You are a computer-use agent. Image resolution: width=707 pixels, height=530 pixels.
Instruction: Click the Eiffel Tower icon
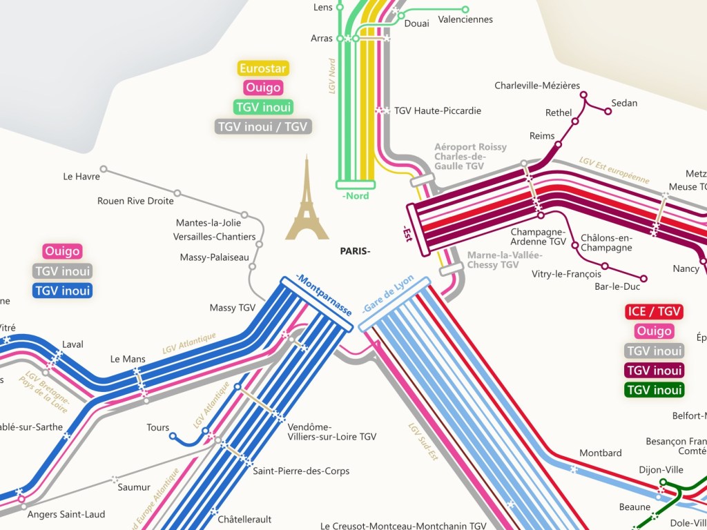click(307, 200)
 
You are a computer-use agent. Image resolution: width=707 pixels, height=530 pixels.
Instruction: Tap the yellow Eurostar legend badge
click(262, 68)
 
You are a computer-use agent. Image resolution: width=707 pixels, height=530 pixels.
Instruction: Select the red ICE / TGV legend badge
click(654, 312)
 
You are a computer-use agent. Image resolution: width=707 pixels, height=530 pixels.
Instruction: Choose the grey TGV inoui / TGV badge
click(263, 127)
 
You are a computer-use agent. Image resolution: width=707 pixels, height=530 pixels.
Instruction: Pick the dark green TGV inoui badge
click(654, 390)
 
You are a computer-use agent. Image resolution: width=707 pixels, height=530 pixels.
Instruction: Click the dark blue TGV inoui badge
click(62, 291)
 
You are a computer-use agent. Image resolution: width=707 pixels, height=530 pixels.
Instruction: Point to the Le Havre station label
click(81, 177)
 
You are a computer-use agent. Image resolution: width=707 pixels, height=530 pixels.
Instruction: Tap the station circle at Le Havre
click(104, 169)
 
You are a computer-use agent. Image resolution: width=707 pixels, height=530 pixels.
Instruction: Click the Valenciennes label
click(465, 19)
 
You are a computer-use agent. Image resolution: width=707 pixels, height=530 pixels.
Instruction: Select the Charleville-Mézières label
click(537, 86)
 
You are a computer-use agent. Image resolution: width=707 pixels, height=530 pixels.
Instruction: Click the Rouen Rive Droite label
click(135, 202)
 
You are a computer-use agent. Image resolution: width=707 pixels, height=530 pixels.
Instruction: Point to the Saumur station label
click(134, 487)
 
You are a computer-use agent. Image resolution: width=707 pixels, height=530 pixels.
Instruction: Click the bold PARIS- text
click(355, 251)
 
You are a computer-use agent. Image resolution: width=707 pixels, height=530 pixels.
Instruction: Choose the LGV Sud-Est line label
click(423, 442)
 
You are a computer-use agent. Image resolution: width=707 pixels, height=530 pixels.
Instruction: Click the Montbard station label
click(600, 453)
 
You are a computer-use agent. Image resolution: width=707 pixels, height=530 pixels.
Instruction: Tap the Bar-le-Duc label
click(617, 286)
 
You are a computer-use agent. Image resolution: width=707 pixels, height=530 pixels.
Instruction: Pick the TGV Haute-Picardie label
click(437, 110)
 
